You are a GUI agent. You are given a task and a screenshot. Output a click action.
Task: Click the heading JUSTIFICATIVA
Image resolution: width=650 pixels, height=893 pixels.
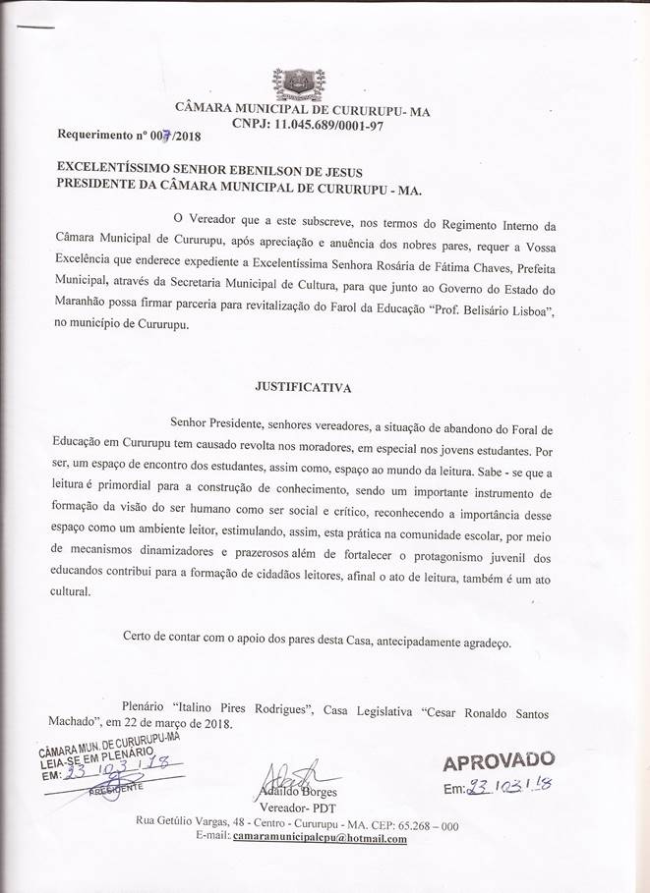[x=316, y=387]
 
